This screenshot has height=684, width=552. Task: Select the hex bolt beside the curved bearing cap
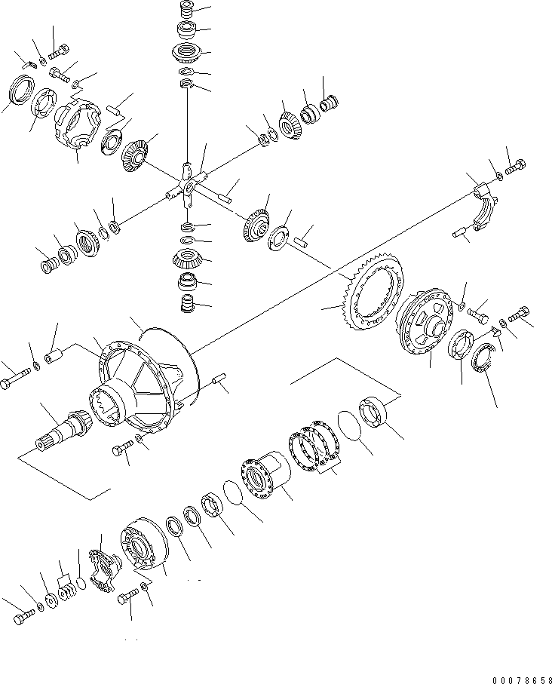pyautogui.click(x=516, y=167)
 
